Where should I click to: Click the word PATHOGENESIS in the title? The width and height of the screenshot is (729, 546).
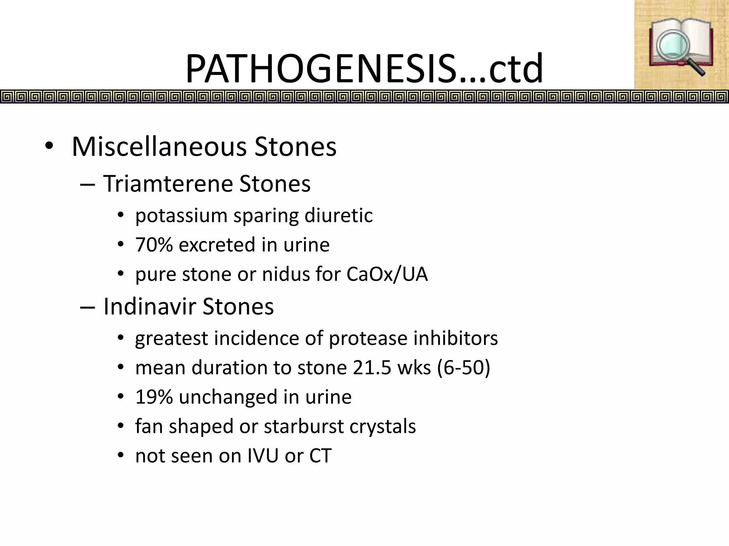click(320, 68)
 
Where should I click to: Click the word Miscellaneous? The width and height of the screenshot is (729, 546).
click(159, 146)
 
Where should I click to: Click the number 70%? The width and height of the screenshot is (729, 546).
click(154, 245)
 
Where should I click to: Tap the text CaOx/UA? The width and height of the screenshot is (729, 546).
click(387, 274)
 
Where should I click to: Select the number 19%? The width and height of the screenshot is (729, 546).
click(154, 397)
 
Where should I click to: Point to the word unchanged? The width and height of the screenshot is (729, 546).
click(228, 397)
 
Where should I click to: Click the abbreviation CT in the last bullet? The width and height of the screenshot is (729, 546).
click(320, 456)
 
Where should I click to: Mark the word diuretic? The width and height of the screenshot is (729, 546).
click(339, 215)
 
